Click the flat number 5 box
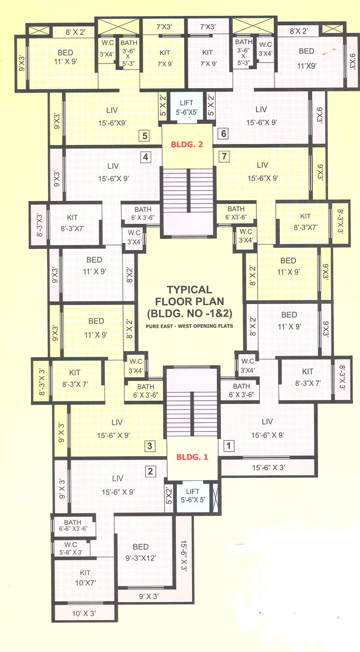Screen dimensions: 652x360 144,136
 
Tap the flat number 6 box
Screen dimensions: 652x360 224,134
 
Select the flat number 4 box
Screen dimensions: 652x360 145,157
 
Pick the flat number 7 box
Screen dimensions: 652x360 225,157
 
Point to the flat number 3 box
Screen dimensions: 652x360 150,446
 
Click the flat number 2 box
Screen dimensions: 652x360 150,471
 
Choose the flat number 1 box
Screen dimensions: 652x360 229,446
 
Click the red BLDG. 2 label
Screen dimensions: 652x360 187,145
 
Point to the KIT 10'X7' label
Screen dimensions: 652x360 85,577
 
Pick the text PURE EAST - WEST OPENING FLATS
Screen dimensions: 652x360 189,326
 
